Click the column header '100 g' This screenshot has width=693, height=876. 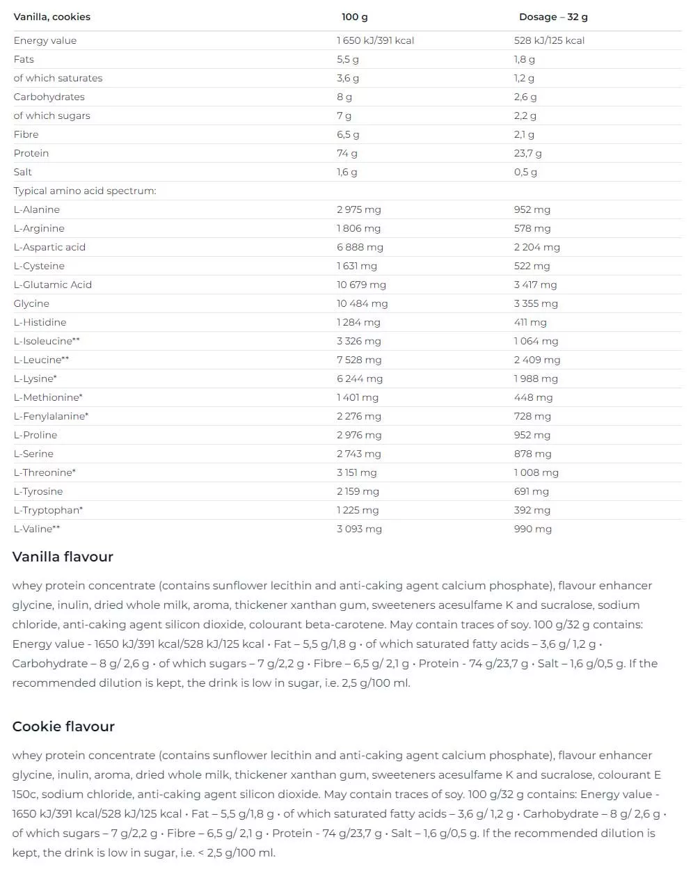coord(354,17)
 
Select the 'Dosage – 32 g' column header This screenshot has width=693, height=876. coord(553,17)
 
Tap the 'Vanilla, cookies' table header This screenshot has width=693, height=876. coord(51,17)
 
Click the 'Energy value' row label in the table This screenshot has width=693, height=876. coord(45,40)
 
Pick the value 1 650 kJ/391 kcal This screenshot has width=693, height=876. coord(375,40)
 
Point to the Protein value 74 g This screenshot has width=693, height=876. coord(346,153)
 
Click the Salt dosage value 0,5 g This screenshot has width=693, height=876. coord(525,172)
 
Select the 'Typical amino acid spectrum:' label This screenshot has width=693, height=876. coord(84,191)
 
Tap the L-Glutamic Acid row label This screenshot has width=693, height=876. coord(52,285)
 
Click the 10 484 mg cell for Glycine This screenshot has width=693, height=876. coord(362,303)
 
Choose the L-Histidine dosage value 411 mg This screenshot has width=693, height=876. coord(530,322)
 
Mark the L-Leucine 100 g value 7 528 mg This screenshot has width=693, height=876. coord(359,360)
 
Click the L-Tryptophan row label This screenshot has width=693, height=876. coord(48,510)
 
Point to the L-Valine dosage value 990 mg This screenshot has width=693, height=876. coord(532,529)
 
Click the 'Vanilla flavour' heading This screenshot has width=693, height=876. coord(63,557)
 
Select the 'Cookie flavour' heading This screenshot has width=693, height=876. coord(63,726)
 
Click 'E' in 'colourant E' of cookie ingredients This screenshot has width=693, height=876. coord(657,774)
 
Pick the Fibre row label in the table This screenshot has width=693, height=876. coord(26,134)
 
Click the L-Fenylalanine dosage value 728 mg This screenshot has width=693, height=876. coord(532,416)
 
